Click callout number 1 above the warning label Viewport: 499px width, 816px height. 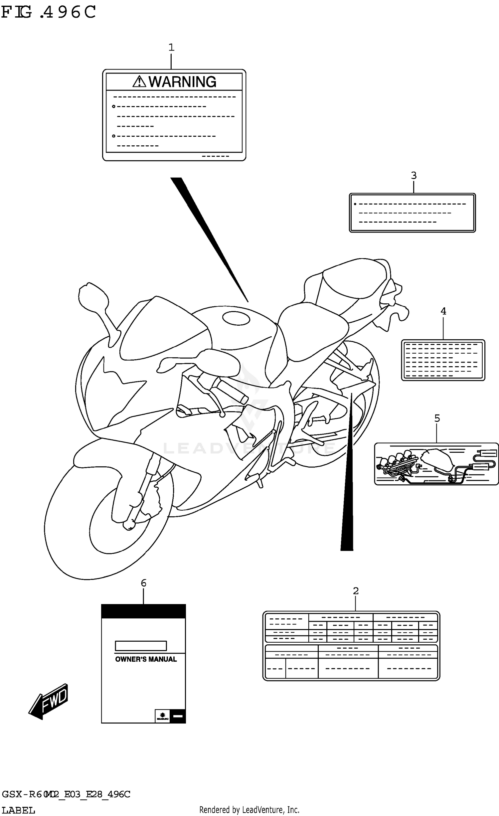(x=171, y=47)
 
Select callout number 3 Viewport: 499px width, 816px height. (x=414, y=175)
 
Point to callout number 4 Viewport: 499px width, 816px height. (x=443, y=311)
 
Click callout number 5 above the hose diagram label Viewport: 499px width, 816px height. (x=437, y=418)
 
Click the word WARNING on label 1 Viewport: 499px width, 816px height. (x=182, y=82)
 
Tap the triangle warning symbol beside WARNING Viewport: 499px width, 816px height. (x=139, y=82)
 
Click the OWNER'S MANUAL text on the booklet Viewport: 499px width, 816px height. (x=146, y=659)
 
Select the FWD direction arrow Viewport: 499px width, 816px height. (x=49, y=702)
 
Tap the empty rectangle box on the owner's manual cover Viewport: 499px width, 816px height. (x=141, y=646)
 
